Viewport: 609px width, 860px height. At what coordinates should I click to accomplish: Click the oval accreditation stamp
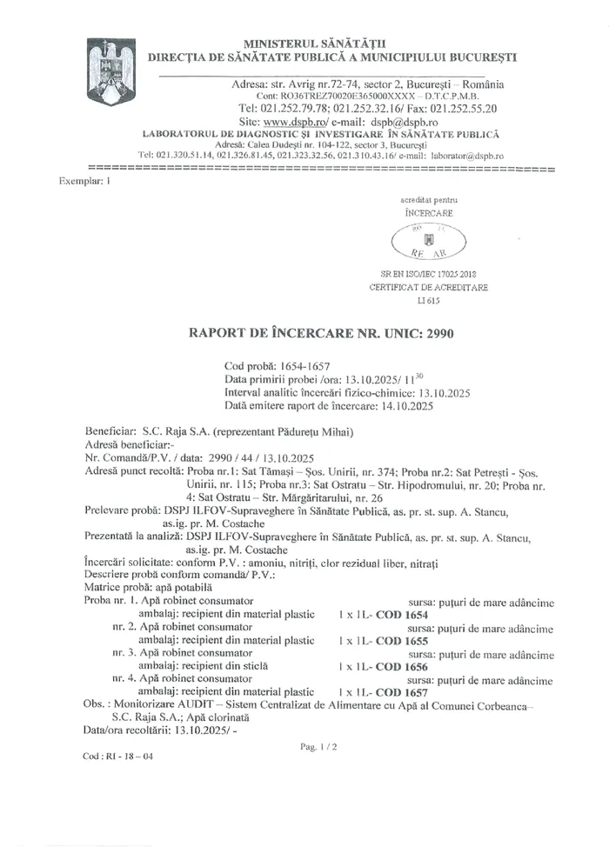pos(429,239)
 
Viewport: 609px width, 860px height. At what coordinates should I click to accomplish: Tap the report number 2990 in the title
pos(436,333)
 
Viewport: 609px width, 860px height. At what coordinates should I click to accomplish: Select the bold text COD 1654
pos(397,613)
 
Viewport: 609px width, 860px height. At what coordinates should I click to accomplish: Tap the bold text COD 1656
pos(397,663)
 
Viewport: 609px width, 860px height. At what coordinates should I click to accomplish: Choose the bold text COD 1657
pos(397,687)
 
